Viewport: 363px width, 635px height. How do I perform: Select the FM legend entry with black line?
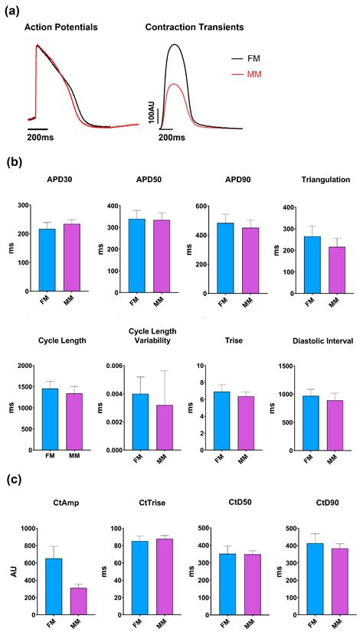click(250, 57)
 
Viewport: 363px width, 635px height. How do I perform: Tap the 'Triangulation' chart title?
click(315, 179)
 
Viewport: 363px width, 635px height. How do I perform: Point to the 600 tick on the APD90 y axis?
click(195, 207)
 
